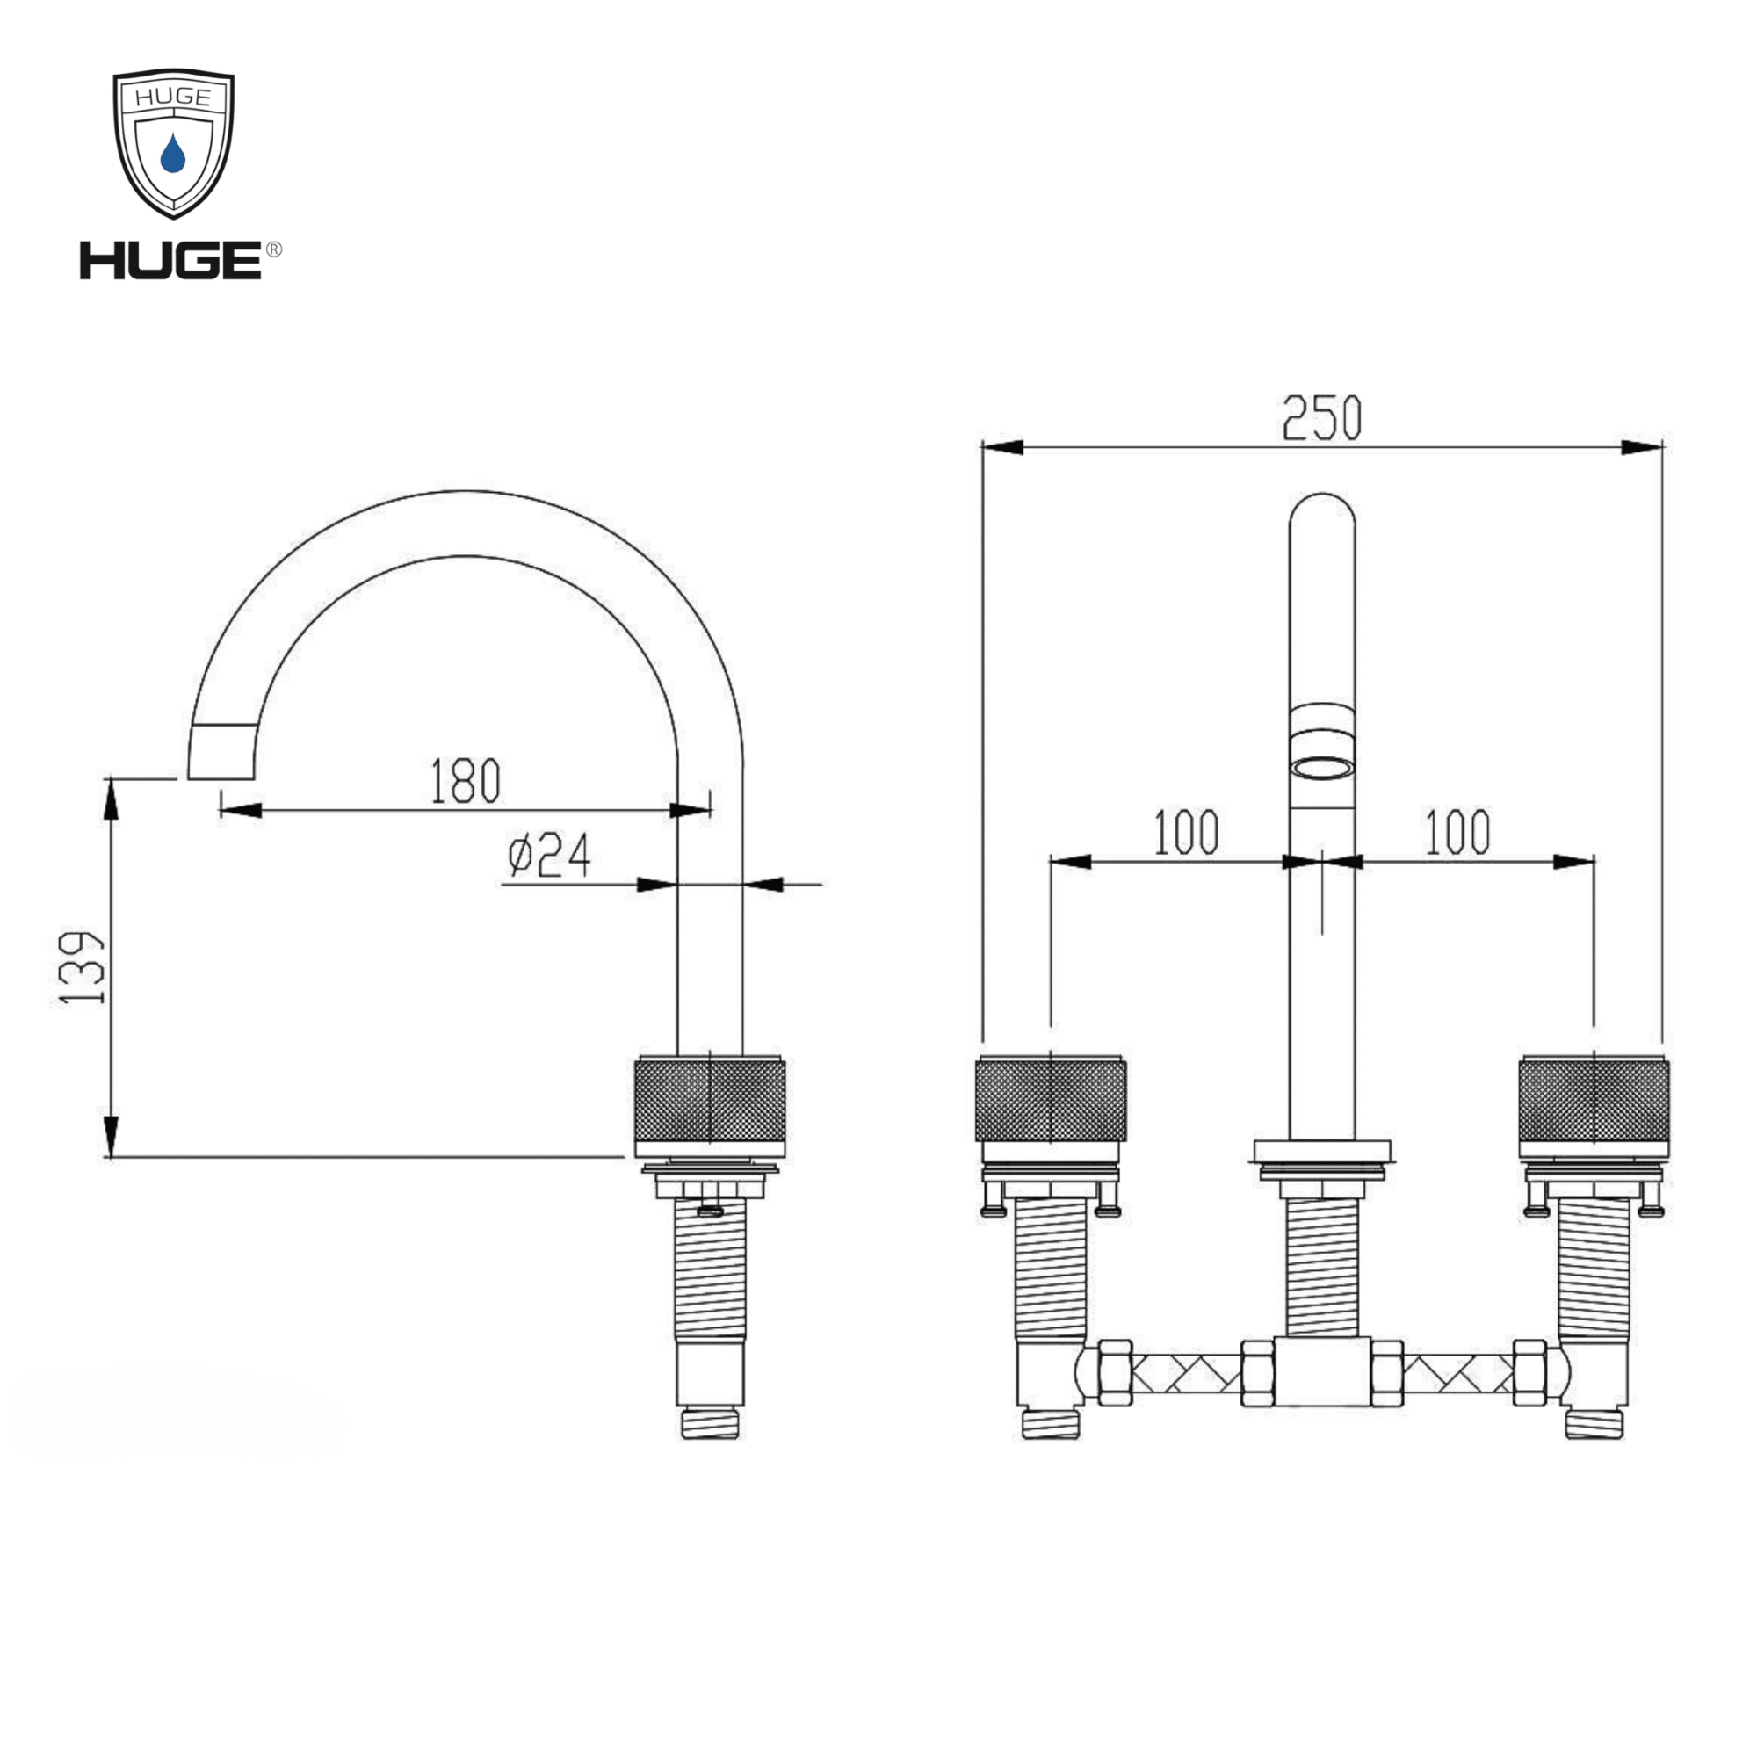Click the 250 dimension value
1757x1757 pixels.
[1321, 418]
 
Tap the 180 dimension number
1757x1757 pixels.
[465, 780]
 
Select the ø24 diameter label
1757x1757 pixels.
[549, 855]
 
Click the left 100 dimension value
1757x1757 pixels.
[1186, 832]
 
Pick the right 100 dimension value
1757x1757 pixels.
[1457, 832]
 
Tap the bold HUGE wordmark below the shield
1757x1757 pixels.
[171, 260]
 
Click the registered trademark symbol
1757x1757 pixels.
[273, 249]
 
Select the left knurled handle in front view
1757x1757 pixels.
[1051, 1100]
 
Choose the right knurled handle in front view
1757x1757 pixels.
[1594, 1100]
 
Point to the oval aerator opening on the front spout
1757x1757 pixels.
[1322, 770]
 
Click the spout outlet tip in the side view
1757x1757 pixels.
[221, 752]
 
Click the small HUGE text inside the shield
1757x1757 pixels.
[173, 98]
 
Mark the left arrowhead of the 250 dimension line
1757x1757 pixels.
[1002, 447]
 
